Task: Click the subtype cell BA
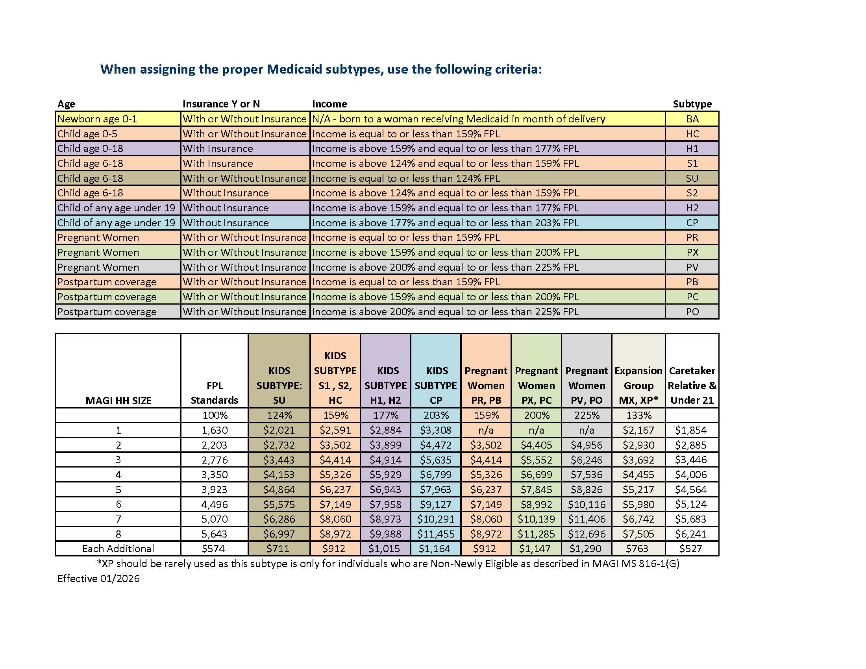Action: [x=692, y=119]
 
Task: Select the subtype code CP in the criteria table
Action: [x=692, y=223]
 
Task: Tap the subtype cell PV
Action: [x=692, y=267]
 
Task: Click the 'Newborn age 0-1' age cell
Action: [x=97, y=119]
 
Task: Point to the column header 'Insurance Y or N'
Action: [x=221, y=104]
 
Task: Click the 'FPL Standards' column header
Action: [x=215, y=393]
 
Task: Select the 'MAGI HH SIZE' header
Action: [x=118, y=400]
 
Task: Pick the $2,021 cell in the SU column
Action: [x=279, y=430]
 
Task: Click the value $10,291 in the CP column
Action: [x=435, y=519]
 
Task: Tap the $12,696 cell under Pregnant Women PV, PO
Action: [x=587, y=534]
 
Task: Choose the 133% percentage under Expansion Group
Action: [x=638, y=415]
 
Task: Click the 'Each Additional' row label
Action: [x=118, y=549]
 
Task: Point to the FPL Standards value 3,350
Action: [x=215, y=475]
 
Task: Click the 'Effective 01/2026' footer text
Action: [x=98, y=578]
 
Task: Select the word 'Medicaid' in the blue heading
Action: [x=294, y=69]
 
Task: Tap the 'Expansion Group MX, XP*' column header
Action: [x=638, y=385]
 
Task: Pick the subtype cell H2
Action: [x=692, y=208]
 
